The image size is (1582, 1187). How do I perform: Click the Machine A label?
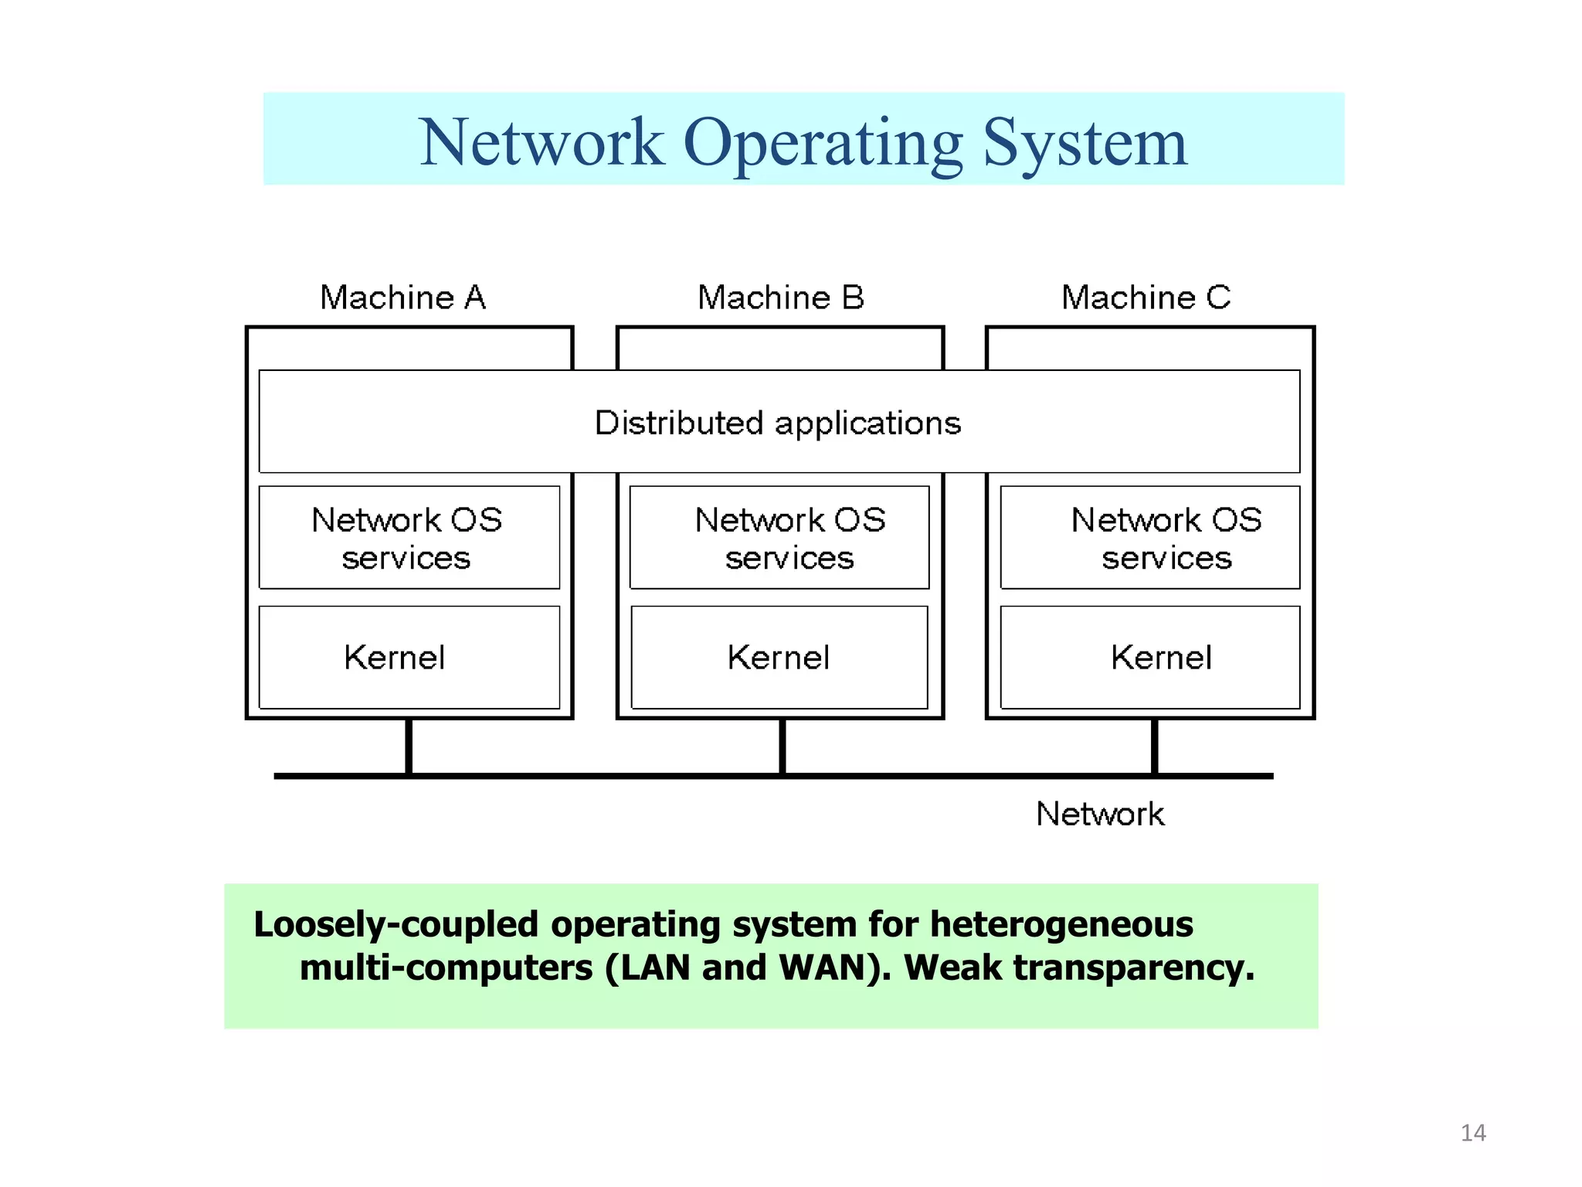(402, 298)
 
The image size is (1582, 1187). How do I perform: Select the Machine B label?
(780, 298)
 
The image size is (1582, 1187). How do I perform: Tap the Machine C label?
(1146, 298)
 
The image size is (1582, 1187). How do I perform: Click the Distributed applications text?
(778, 423)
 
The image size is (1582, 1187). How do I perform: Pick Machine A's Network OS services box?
(409, 538)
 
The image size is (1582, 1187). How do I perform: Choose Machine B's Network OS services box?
(779, 538)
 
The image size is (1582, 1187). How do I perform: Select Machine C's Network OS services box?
(1149, 538)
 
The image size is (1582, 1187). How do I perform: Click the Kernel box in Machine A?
(409, 658)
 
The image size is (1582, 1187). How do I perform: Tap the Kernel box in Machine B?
(779, 658)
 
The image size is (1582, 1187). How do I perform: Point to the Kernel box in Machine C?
(1149, 658)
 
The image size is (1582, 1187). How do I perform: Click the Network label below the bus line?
(1100, 815)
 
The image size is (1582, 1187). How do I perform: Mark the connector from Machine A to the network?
(409, 747)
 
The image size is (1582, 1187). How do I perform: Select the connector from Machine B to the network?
(783, 747)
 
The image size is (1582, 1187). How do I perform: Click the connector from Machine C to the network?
(1155, 747)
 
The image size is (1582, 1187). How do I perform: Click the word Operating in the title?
(823, 144)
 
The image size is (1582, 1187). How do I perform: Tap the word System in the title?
(1085, 144)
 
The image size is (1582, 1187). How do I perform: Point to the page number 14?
(1473, 1133)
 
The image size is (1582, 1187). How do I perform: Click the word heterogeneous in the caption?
(1061, 924)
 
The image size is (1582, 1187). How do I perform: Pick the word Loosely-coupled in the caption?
(395, 925)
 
